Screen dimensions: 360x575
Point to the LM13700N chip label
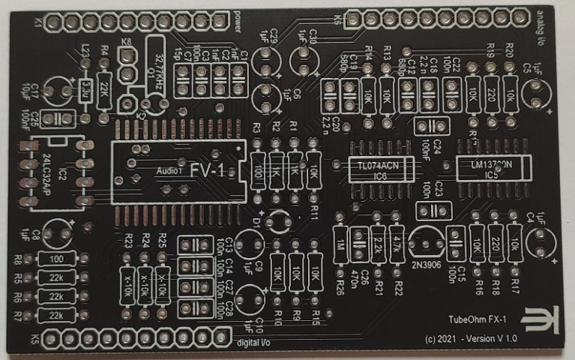(x=491, y=164)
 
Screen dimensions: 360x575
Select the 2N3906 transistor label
(x=426, y=264)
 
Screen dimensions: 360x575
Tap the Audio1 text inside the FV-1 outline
(x=169, y=170)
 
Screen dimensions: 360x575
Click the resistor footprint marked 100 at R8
(x=56, y=259)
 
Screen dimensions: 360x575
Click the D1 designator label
(x=256, y=223)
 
